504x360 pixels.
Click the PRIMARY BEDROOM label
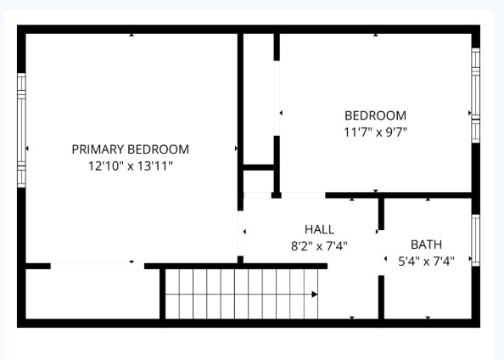click(130, 149)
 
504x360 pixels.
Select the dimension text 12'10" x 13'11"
click(130, 166)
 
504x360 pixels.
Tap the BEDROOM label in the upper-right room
click(375, 115)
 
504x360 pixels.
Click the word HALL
click(319, 229)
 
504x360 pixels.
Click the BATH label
click(426, 245)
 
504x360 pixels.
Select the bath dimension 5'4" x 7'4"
click(426, 262)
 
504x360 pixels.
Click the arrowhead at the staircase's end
click(315, 295)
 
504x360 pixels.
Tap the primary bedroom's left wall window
click(21, 130)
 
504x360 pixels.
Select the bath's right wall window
click(476, 240)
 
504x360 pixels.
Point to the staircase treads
click(242, 294)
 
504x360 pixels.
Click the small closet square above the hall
click(257, 180)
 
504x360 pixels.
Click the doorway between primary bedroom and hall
click(240, 230)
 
